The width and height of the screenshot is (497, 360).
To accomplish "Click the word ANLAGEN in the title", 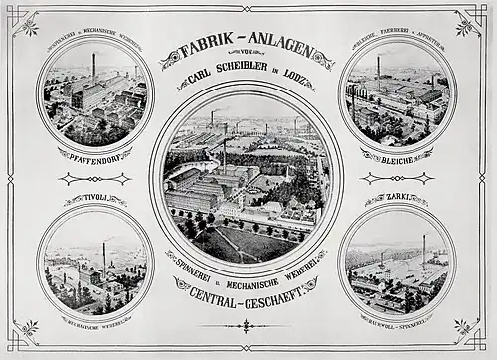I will [x=281, y=46].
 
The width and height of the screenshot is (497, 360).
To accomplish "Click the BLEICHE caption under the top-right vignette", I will [x=396, y=156].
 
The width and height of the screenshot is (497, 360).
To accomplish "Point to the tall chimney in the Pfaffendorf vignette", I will [x=93, y=68].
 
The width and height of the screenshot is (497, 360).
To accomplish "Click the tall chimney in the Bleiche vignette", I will [x=378, y=70].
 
